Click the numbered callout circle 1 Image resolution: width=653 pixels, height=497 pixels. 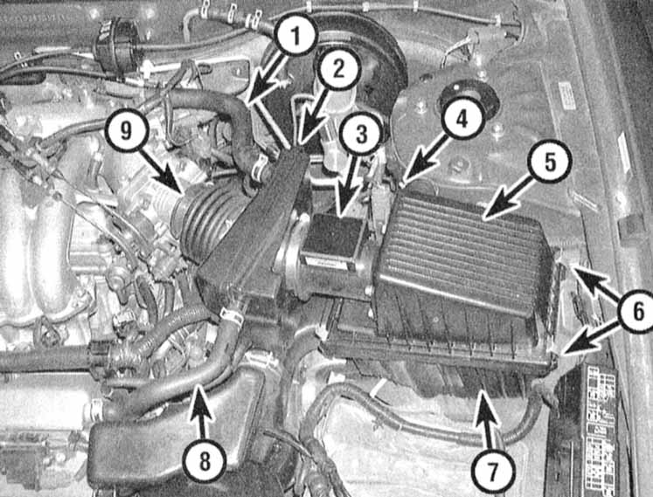[x=295, y=36]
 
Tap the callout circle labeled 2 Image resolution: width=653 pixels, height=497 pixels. [x=338, y=69]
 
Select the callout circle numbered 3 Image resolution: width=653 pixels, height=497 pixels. [x=360, y=134]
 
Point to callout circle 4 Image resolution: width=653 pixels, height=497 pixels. [x=462, y=118]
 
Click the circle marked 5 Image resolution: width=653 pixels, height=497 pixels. [x=549, y=161]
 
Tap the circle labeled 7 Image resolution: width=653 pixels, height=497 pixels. [x=492, y=471]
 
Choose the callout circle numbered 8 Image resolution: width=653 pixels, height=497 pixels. [x=205, y=460]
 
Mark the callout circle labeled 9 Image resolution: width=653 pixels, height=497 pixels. [x=126, y=130]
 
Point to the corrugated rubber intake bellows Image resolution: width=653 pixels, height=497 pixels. [x=208, y=223]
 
